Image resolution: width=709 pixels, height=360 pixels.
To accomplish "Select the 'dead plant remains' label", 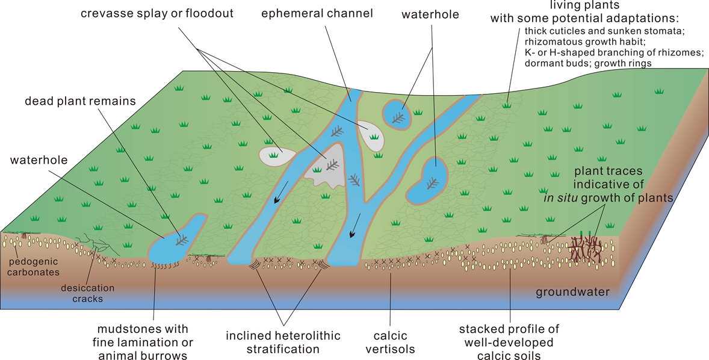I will [x=80, y=101].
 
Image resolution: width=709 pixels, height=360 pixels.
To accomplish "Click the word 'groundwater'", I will [x=572, y=293].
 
